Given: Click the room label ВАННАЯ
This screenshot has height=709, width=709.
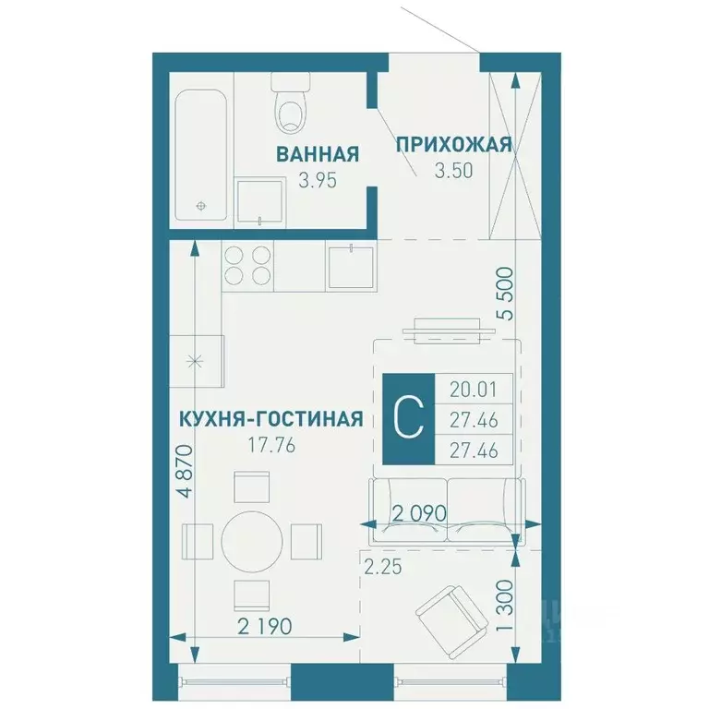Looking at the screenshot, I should (x=317, y=154).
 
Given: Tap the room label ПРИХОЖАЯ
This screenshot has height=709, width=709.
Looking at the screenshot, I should (x=453, y=144).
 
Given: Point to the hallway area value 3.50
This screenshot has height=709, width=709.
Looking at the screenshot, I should (x=453, y=170).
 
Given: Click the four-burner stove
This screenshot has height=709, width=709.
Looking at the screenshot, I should (x=246, y=265).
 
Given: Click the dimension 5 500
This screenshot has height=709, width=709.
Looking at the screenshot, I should (x=505, y=297).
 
